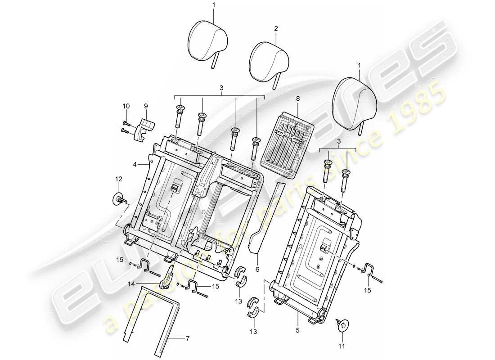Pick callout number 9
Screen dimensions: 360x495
[x=146, y=107]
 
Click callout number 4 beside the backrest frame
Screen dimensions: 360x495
[x=134, y=165]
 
